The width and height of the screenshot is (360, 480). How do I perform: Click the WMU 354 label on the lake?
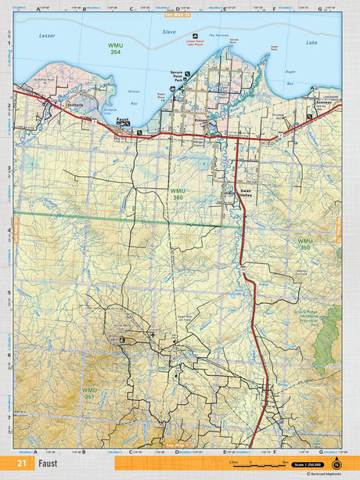(x=115, y=49)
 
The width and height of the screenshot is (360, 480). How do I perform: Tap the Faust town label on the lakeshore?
(x=121, y=121)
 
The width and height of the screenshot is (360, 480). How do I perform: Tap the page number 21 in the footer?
(x=21, y=464)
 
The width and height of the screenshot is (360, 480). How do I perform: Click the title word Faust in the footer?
(x=49, y=464)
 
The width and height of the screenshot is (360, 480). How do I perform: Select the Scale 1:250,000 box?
(x=310, y=464)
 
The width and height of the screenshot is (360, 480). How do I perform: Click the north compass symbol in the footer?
(x=337, y=464)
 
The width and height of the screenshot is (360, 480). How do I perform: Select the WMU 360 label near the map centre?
(x=178, y=193)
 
